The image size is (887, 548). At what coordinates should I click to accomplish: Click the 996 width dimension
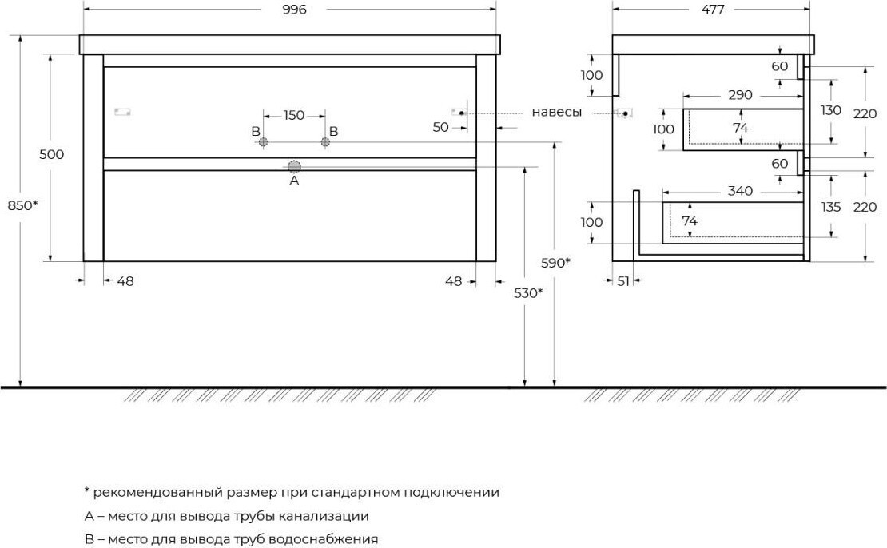[294, 10]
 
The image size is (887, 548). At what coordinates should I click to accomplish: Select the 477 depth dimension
[712, 10]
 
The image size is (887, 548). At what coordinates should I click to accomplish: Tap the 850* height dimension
[22, 205]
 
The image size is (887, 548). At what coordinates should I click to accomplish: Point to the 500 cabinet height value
[51, 154]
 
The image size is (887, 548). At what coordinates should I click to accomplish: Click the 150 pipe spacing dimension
[293, 115]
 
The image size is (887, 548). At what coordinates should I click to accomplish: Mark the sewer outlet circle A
[294, 166]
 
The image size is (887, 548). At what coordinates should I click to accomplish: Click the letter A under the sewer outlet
[294, 181]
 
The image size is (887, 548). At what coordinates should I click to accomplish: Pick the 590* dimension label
[555, 262]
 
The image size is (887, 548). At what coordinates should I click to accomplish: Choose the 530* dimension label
[528, 293]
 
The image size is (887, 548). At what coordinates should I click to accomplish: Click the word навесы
[557, 112]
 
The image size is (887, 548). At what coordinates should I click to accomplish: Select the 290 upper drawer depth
[740, 95]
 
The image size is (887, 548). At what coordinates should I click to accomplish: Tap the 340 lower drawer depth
[740, 191]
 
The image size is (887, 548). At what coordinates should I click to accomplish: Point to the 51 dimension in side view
[622, 281]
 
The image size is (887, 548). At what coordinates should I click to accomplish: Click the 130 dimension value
[830, 110]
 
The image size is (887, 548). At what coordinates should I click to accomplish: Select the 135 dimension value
[830, 207]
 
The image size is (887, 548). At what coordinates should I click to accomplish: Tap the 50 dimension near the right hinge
[440, 127]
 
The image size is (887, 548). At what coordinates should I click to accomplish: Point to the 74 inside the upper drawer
[740, 129]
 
